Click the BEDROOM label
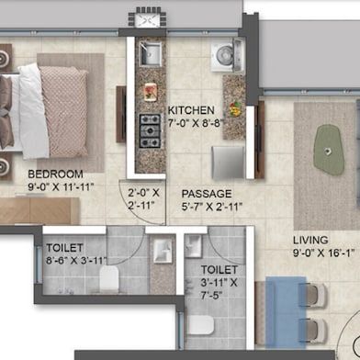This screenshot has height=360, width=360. (55, 174)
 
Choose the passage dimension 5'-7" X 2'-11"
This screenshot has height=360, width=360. (211, 208)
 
